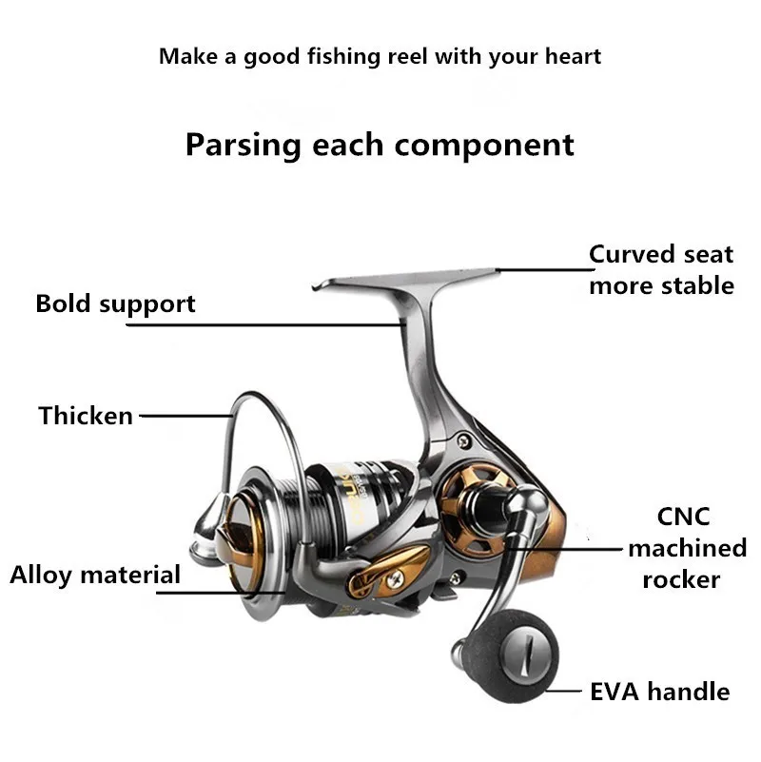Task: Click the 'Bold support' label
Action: (x=115, y=304)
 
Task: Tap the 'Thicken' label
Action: (x=86, y=416)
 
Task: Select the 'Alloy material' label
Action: (x=95, y=575)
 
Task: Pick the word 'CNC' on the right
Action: (x=683, y=517)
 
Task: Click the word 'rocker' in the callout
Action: (x=680, y=579)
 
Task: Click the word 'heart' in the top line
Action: (x=572, y=56)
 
